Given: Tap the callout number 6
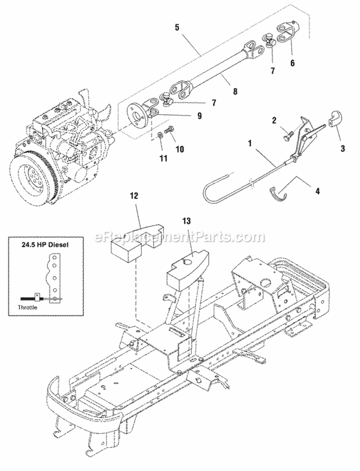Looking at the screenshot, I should click(x=292, y=62).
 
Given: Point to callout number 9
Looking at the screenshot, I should click(x=199, y=116).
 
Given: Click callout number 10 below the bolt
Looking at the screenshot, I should click(x=180, y=149).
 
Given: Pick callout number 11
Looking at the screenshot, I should click(x=163, y=157).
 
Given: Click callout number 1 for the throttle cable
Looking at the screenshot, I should click(x=250, y=143).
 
